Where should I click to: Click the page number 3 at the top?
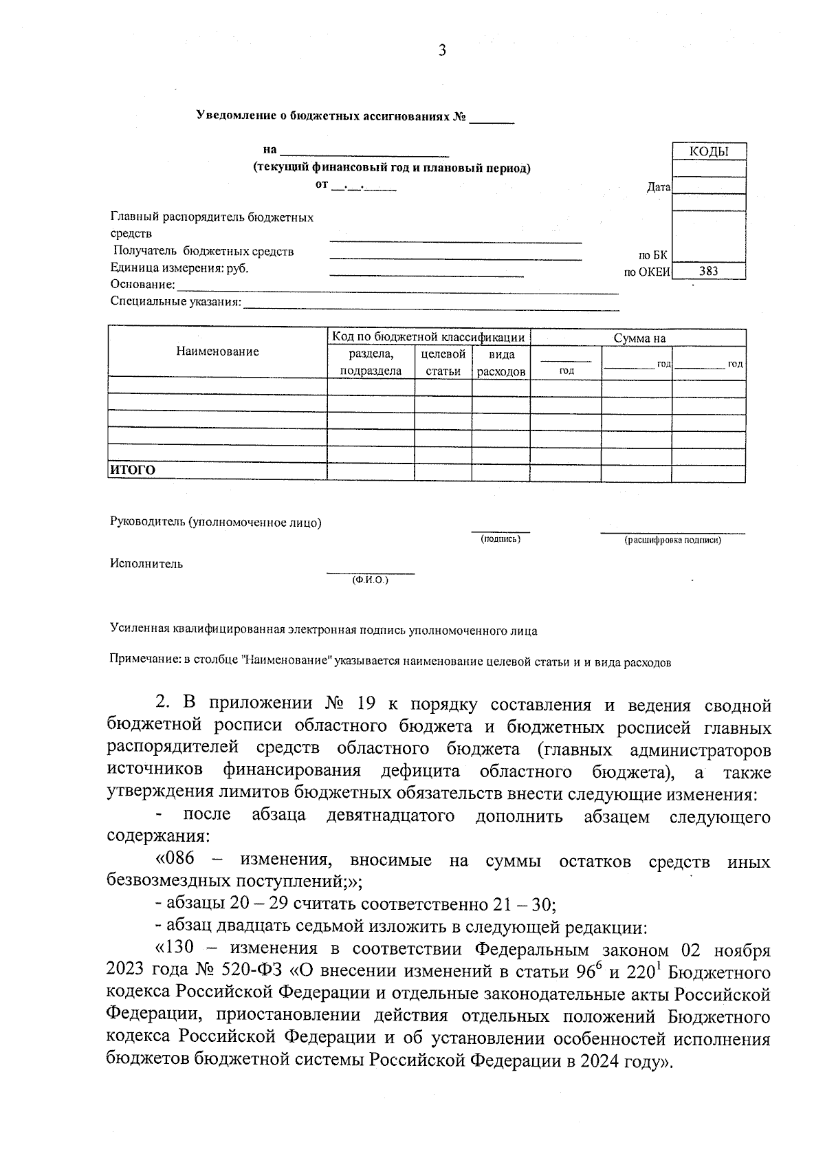[442, 50]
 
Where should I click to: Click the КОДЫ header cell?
[708, 151]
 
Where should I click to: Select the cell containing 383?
[708, 272]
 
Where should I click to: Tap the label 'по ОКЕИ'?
[646, 272]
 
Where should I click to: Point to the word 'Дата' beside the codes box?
[659, 187]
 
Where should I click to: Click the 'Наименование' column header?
[217, 351]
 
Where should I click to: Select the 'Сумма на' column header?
[639, 338]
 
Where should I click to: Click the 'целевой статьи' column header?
[443, 362]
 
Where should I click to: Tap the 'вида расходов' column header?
[500, 362]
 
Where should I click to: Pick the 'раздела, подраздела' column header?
[371, 362]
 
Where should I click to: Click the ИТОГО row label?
[133, 470]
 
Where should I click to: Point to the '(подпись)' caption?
[500, 539]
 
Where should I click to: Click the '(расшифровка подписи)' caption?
[672, 541]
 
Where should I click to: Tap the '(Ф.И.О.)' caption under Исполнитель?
[370, 580]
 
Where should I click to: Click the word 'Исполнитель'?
[146, 564]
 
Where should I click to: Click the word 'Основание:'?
[143, 285]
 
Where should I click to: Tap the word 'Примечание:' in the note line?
[144, 662]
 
